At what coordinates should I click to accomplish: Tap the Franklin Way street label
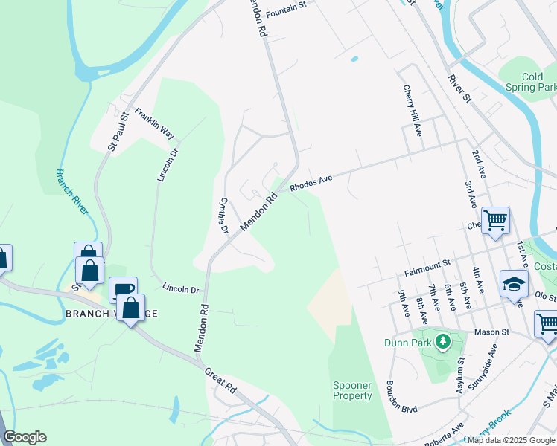pyautogui.click(x=154, y=124)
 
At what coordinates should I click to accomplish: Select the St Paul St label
pyautogui.click(x=118, y=132)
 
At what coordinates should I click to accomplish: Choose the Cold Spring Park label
pyautogui.click(x=532, y=82)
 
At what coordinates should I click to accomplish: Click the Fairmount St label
pyautogui.click(x=428, y=263)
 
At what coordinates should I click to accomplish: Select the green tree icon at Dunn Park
pyautogui.click(x=444, y=342)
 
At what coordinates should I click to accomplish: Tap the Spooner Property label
pyautogui.click(x=353, y=390)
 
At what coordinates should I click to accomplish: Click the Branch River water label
pyautogui.click(x=72, y=192)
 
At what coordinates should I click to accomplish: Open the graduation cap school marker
pyautogui.click(x=514, y=283)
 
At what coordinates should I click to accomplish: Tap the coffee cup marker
pyautogui.click(x=122, y=289)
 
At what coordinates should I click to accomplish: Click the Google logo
pyautogui.click(x=24, y=437)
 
